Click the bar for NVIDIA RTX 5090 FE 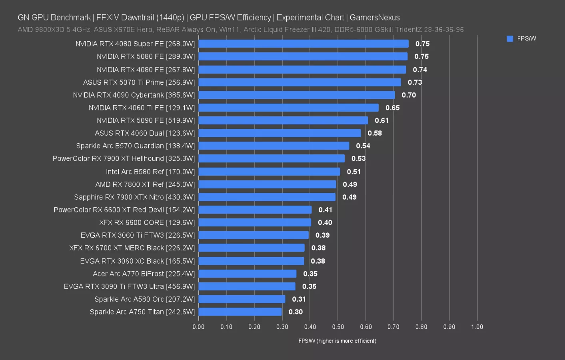(283, 120)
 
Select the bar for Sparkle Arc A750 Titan (240, 312)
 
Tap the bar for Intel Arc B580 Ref (269, 172)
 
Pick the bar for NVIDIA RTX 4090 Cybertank (297, 95)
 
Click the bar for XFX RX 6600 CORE (255, 222)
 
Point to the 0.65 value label (392, 108)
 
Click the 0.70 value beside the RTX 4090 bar (409, 95)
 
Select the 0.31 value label (299, 299)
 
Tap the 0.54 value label (363, 146)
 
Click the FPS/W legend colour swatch (510, 39)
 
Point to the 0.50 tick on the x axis (338, 327)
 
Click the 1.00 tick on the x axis (477, 327)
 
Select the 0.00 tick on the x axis (199, 327)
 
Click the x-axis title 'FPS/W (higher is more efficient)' (337, 341)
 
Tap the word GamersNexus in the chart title (375, 18)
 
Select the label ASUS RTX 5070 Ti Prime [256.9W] (139, 82)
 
